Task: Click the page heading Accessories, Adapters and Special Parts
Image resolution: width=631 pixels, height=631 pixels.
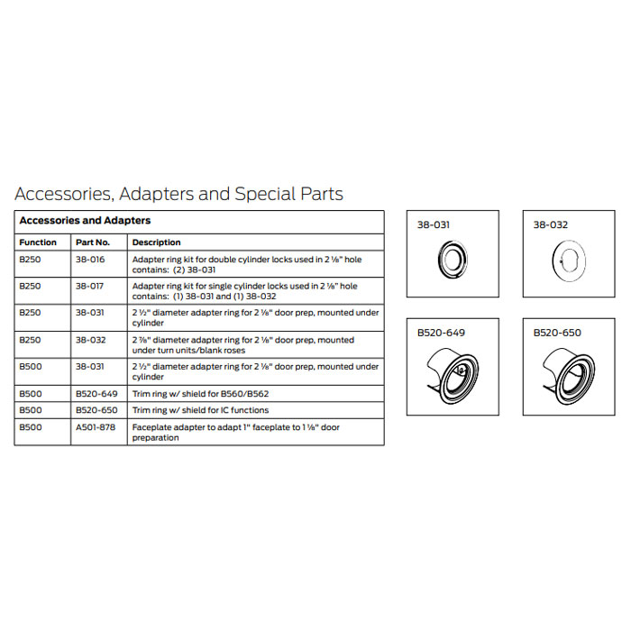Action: click(x=178, y=194)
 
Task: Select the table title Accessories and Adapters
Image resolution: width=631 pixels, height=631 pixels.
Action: click(x=85, y=221)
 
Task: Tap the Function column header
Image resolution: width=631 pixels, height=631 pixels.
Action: click(x=38, y=242)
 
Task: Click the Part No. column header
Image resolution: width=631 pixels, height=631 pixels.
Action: click(x=93, y=242)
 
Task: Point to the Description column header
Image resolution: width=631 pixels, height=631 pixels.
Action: click(x=156, y=242)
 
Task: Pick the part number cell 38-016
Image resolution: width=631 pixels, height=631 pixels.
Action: click(x=90, y=259)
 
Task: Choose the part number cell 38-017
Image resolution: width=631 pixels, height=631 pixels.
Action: click(x=90, y=286)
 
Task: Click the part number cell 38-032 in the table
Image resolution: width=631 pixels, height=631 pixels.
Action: click(x=90, y=340)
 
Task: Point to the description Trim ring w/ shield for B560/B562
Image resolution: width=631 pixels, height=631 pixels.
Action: click(x=200, y=395)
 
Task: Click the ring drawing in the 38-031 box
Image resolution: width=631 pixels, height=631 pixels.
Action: click(x=452, y=262)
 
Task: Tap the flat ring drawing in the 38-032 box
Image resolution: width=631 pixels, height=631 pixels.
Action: click(x=568, y=262)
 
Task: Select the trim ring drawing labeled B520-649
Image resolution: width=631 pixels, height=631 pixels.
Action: click(x=453, y=371)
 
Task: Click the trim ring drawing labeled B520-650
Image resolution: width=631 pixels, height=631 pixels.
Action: click(x=570, y=371)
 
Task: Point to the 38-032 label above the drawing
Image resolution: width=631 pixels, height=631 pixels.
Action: click(x=551, y=225)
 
